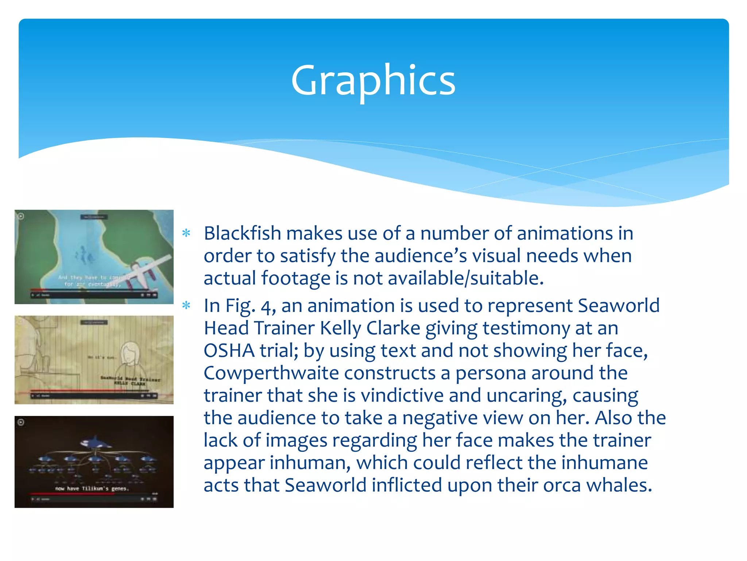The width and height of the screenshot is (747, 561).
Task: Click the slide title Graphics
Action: pyautogui.click(x=373, y=80)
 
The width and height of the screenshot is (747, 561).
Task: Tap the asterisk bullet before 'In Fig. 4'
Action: pyautogui.click(x=186, y=305)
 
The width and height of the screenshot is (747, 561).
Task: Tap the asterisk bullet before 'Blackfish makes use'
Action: pyautogui.click(x=186, y=233)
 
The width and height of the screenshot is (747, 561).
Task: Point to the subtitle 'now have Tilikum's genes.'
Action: pyautogui.click(x=92, y=488)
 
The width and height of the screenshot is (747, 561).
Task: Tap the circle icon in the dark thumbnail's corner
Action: pyautogui.click(x=21, y=423)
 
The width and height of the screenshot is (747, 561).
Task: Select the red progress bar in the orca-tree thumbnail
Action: pyautogui.click(x=73, y=493)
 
